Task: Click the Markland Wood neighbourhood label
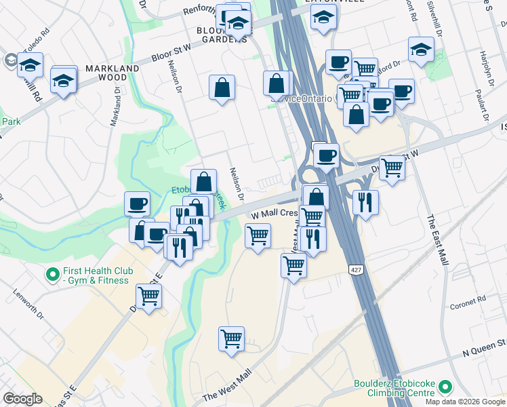click(112, 73)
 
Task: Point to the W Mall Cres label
click(274, 213)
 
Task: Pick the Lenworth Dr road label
click(28, 307)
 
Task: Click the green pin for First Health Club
click(52, 275)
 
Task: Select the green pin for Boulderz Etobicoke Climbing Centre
click(445, 387)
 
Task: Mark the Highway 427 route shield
click(356, 270)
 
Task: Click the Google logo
click(22, 399)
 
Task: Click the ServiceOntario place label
click(302, 98)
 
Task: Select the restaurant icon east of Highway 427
click(365, 201)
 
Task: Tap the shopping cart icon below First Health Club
click(148, 296)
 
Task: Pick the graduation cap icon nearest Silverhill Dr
click(420, 50)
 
